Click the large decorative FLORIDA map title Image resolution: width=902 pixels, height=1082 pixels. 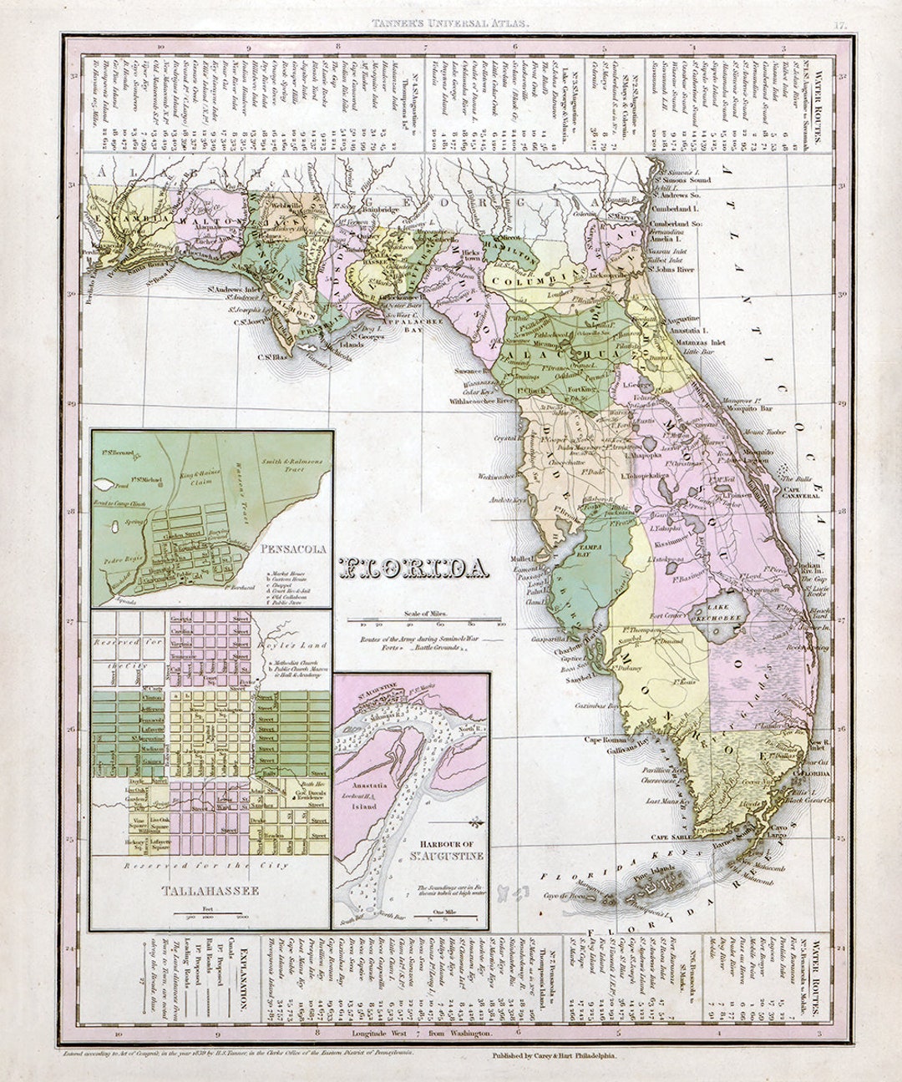(414, 569)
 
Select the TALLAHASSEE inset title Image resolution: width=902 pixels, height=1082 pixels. (211, 891)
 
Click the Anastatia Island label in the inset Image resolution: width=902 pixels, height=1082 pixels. (368, 790)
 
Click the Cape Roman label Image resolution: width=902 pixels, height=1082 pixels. (605, 740)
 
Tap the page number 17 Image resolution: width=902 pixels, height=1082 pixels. (840, 25)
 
